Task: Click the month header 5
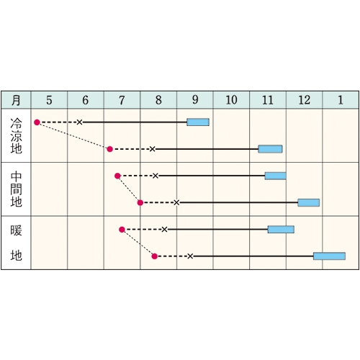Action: click(x=49, y=100)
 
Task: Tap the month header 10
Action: click(x=231, y=100)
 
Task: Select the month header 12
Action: click(x=304, y=100)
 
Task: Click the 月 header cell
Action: click(x=16, y=100)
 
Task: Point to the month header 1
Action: click(x=341, y=100)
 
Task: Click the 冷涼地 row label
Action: click(x=16, y=135)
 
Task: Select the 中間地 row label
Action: click(x=16, y=189)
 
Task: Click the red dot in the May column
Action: click(x=37, y=122)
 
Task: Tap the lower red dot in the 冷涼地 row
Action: click(x=109, y=149)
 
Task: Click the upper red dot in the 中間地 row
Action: click(x=117, y=176)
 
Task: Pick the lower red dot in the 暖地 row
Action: click(x=155, y=256)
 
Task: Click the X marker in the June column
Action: click(x=79, y=122)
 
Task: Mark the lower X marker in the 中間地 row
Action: click(x=176, y=202)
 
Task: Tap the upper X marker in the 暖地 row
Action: click(x=164, y=230)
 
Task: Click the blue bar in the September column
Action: click(x=198, y=122)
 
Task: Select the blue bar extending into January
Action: click(x=329, y=256)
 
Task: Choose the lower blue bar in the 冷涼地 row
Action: click(x=270, y=149)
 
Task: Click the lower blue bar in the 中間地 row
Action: click(x=309, y=202)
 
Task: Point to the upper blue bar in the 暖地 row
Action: click(x=281, y=230)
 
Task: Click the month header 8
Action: click(x=158, y=100)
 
